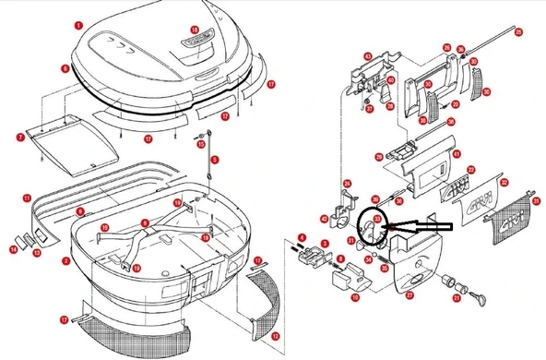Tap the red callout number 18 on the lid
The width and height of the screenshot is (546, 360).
pyautogui.click(x=195, y=30)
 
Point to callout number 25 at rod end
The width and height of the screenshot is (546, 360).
pyautogui.click(x=518, y=33)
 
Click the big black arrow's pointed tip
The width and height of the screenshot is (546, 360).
pyautogui.click(x=392, y=225)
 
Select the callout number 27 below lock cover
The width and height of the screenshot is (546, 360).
pyautogui.click(x=409, y=295)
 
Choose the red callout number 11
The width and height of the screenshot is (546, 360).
pyautogui.click(x=28, y=197)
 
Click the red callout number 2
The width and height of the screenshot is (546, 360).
pyautogui.click(x=65, y=261)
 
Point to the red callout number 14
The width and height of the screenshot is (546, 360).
pyautogui.click(x=14, y=249)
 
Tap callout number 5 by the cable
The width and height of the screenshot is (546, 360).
pyautogui.click(x=212, y=160)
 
